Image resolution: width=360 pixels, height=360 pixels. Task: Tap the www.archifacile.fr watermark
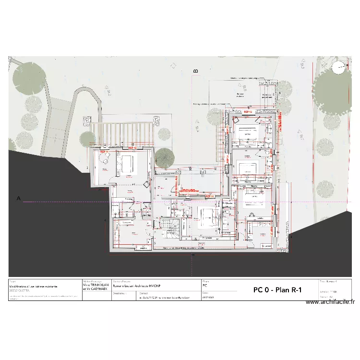[x=330, y=302]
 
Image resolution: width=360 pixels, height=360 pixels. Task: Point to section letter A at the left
[x=19, y=198]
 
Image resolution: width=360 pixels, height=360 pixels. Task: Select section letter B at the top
[x=195, y=71]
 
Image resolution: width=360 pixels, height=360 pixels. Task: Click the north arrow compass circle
[x=340, y=68]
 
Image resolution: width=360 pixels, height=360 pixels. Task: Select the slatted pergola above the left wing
[x=122, y=132]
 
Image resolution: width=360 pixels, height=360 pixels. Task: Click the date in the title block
[x=207, y=297]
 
